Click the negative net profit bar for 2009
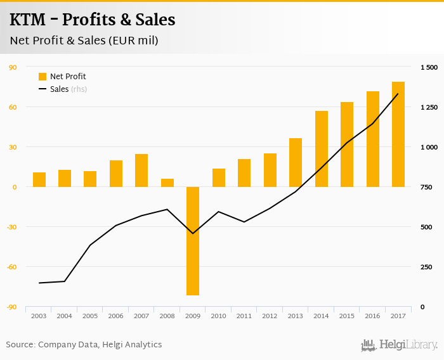coord(193,241)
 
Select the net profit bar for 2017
coord(398,134)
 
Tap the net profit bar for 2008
coord(167,183)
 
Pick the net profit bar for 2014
coord(322,149)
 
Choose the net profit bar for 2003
coord(39,179)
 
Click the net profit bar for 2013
coord(296,162)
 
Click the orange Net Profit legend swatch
coord(42,77)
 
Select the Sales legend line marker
coord(42,89)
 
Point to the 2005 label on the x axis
coord(90,316)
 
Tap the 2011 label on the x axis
coord(244,316)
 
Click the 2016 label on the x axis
coord(372,316)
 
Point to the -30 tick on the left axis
coord(12,227)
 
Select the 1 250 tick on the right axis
coord(429,108)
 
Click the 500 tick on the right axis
coord(427,227)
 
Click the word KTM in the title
coord(29,20)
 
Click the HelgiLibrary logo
coord(400,345)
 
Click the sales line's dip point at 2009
coord(193,233)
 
